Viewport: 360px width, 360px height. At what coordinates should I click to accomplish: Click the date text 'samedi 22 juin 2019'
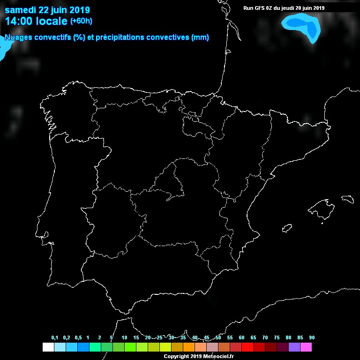click(47, 10)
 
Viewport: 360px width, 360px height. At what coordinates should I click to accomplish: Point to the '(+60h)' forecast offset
click(81, 21)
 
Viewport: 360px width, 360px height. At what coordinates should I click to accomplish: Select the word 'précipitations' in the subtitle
click(120, 37)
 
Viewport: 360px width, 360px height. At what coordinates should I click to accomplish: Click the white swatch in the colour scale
click(48, 347)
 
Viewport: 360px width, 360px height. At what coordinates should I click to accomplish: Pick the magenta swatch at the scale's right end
click(306, 347)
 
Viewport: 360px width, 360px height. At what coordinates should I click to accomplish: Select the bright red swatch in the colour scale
click(247, 347)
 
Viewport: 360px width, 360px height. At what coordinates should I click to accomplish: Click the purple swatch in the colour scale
click(294, 347)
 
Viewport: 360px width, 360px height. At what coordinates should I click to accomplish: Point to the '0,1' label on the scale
click(55, 338)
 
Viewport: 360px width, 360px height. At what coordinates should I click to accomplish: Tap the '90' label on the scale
click(312, 338)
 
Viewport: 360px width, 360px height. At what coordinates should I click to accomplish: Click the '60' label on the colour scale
click(241, 338)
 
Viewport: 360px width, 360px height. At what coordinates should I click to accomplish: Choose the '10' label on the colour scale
click(124, 338)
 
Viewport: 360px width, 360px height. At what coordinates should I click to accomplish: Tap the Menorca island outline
click(347, 199)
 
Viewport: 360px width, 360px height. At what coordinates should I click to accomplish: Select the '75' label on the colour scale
click(277, 338)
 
